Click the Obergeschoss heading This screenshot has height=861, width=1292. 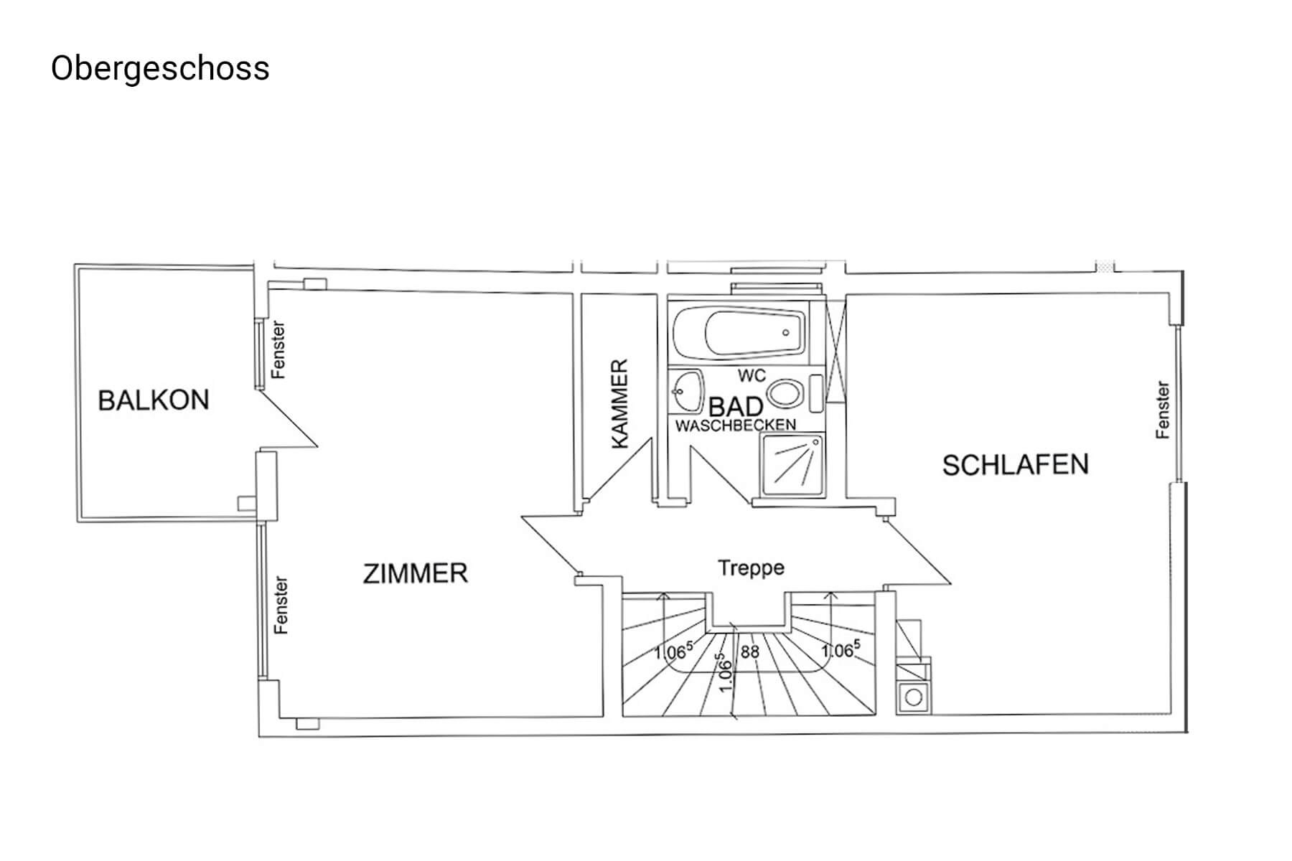click(x=160, y=70)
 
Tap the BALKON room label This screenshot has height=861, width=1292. click(x=154, y=400)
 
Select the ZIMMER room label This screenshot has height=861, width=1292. click(x=416, y=573)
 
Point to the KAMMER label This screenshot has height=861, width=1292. click(x=619, y=404)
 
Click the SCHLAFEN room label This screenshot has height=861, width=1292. click(x=1015, y=465)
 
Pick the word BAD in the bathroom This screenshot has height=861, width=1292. click(x=735, y=406)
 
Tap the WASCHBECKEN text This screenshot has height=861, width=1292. click(x=736, y=425)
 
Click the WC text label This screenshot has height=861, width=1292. click(x=752, y=376)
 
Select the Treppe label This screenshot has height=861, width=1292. click(x=751, y=568)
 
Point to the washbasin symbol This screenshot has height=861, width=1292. click(x=687, y=392)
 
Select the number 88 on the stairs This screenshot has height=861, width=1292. click(x=750, y=651)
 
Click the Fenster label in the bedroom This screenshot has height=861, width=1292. click(x=1162, y=410)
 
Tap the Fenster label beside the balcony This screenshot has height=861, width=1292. click(x=278, y=349)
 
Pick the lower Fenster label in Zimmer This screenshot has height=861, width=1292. click(x=281, y=605)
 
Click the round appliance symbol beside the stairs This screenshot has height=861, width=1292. click(x=914, y=697)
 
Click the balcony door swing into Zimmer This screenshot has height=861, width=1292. click(x=287, y=419)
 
